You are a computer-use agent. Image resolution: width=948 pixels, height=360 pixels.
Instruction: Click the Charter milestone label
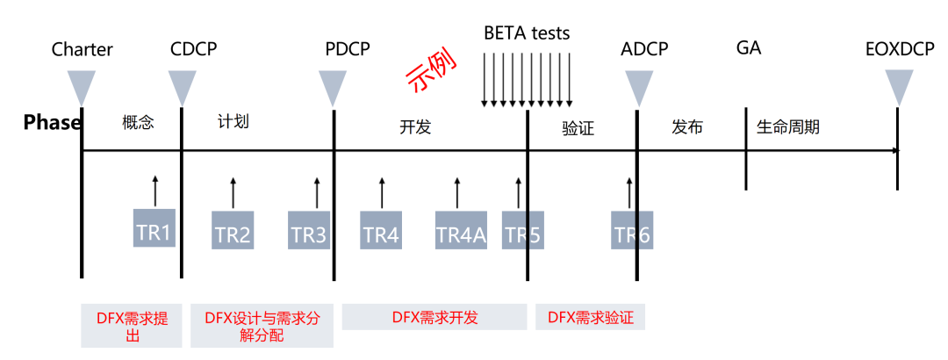(x=83, y=49)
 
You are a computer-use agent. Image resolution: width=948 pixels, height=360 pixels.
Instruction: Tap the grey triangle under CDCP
(x=182, y=87)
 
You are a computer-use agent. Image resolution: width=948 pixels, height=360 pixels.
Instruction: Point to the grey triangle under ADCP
(x=638, y=87)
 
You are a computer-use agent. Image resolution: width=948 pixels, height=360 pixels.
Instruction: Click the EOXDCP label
(x=899, y=49)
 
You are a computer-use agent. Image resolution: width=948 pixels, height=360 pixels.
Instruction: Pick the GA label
(x=749, y=47)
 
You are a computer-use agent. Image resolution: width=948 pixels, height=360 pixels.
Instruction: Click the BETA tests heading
(x=527, y=33)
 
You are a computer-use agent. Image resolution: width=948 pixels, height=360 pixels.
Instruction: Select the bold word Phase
(x=52, y=122)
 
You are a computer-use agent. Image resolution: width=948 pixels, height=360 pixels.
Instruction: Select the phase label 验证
(x=578, y=129)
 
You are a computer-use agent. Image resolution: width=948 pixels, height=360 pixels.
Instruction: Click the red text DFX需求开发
(x=435, y=317)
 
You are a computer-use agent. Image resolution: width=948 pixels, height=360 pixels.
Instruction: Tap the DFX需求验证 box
(x=590, y=317)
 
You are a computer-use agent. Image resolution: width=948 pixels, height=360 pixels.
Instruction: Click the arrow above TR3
(x=317, y=191)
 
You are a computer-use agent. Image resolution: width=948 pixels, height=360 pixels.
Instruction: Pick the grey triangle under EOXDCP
(x=899, y=87)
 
